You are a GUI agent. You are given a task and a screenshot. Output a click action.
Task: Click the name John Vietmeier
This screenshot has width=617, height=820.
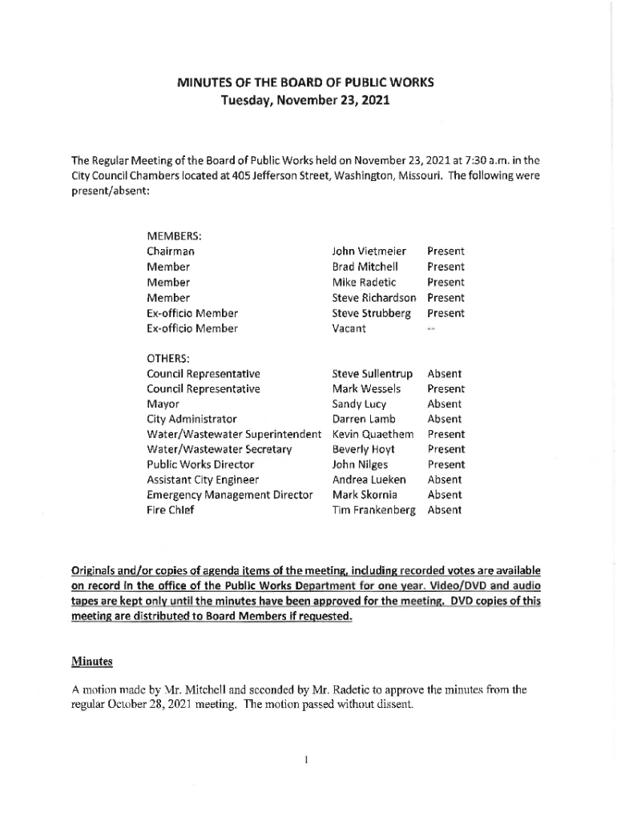[369, 251]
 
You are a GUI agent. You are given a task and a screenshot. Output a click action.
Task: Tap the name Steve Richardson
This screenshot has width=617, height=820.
[374, 298]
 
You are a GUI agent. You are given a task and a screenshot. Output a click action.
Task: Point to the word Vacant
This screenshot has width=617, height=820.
[349, 328]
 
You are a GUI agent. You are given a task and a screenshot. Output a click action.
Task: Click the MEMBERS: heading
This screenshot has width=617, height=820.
[174, 236]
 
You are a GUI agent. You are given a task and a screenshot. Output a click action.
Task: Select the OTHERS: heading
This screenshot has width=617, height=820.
[167, 358]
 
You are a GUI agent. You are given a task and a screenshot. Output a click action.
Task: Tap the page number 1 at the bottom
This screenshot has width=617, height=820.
[307, 759]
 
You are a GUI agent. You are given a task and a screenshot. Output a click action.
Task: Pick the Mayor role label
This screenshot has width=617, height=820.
[163, 404]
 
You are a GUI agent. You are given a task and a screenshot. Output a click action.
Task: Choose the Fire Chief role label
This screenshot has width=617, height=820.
[171, 510]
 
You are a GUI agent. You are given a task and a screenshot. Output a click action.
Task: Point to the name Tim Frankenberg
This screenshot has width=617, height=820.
[374, 510]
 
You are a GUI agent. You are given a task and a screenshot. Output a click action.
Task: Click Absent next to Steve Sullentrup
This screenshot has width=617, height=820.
[445, 374]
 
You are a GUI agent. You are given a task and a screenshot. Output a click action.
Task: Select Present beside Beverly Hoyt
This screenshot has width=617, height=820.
[446, 449]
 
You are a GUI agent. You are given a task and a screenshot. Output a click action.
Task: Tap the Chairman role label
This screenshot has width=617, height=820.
[170, 251]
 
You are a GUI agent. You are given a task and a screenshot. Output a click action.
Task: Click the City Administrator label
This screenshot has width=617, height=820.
[192, 419]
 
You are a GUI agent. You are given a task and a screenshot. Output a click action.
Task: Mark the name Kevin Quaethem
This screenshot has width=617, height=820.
[373, 434]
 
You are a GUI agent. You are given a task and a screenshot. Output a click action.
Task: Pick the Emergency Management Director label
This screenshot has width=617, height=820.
[229, 495]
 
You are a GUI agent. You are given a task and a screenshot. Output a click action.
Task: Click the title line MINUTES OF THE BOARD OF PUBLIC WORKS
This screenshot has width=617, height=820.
[305, 82]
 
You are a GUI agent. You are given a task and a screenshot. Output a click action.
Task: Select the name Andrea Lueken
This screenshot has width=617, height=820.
[369, 480]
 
